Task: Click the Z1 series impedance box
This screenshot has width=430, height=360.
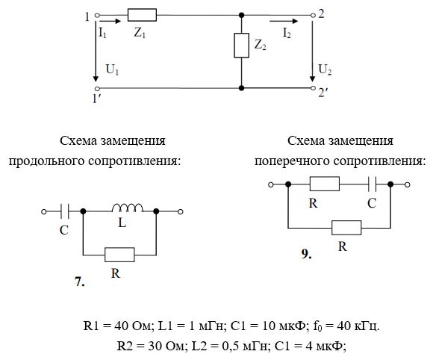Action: coord(142,15)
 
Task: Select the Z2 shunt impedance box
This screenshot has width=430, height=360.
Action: coord(241,46)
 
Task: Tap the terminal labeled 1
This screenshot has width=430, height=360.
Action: coord(97,16)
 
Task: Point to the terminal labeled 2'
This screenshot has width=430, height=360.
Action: coord(314,88)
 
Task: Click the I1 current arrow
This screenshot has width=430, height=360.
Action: coord(110,21)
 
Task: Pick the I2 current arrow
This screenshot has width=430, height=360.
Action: coord(284,21)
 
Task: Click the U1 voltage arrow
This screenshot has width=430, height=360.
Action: coord(96,50)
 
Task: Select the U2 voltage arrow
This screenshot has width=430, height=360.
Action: coord(312,50)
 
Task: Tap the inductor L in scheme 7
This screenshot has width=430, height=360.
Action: coord(128,208)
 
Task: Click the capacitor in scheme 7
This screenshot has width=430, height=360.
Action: coord(64,211)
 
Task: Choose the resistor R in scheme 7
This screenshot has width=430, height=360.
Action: coord(119,255)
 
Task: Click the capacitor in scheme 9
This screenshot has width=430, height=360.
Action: coord(372,184)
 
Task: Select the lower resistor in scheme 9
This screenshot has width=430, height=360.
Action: coord(346,228)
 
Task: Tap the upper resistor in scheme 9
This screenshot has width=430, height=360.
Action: coord(325,184)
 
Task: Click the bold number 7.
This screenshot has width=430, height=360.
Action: coord(80,282)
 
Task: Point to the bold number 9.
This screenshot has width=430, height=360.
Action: coord(306,254)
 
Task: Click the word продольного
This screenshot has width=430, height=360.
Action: coord(46,161)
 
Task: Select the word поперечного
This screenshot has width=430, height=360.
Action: coord(293,161)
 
